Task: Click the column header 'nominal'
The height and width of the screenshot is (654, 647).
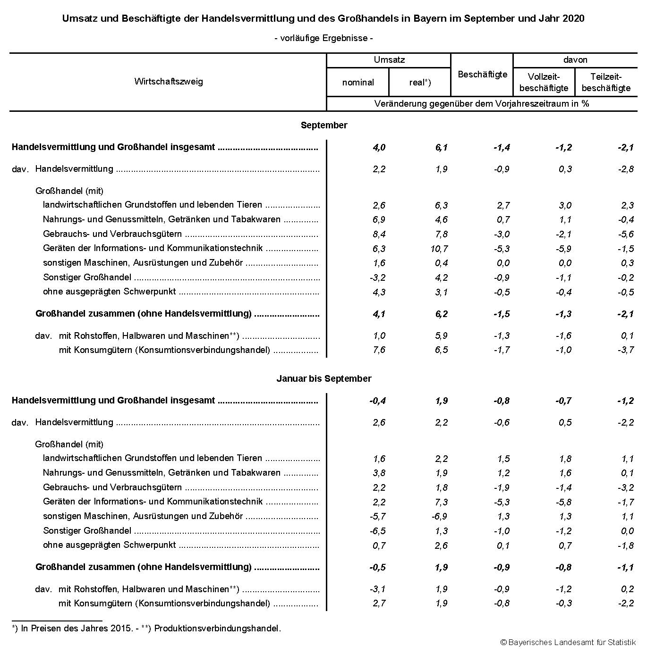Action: click(358, 83)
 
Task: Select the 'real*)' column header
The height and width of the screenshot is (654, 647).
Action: click(420, 83)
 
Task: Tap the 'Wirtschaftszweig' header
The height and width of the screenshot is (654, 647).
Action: click(168, 81)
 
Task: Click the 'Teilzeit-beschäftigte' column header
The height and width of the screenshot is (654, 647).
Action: click(606, 83)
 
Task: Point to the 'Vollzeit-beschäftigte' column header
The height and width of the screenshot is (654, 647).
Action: click(544, 83)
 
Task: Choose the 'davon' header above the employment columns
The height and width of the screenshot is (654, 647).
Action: click(575, 60)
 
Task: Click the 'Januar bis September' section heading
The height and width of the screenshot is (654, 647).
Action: click(323, 378)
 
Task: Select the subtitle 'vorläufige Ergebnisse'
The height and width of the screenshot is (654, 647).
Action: click(323, 38)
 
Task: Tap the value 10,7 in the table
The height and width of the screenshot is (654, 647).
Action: click(439, 249)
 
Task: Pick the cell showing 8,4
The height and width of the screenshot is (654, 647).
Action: click(379, 234)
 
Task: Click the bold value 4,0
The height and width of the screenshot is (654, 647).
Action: click(379, 147)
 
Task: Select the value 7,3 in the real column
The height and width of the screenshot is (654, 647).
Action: click(441, 502)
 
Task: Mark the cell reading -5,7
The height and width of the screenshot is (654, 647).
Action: click(377, 516)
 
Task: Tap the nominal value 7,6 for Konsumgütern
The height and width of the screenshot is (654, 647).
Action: click(379, 350)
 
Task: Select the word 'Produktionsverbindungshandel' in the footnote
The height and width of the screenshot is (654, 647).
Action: click(217, 629)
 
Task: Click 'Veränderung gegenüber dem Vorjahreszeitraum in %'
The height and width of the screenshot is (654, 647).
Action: click(481, 103)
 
